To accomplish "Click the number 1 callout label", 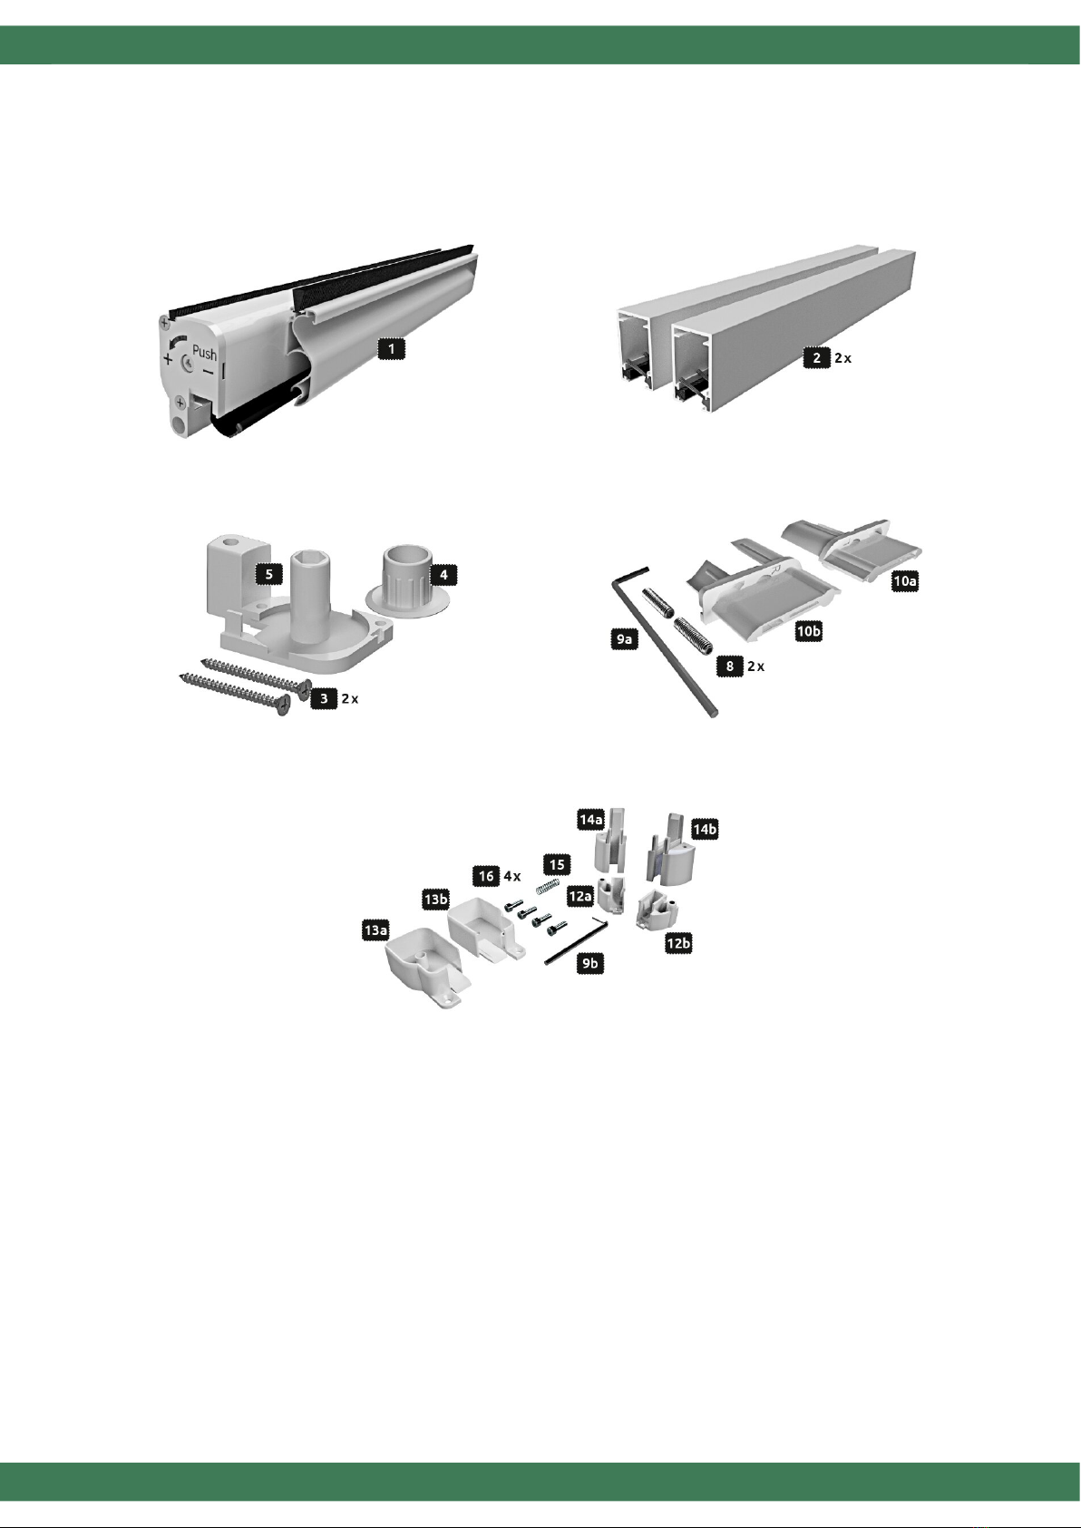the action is [x=391, y=348].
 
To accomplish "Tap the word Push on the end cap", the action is [x=205, y=353].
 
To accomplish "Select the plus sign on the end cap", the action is [x=168, y=359].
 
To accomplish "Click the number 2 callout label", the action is [x=816, y=357].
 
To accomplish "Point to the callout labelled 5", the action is [x=268, y=574].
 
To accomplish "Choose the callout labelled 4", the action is [x=443, y=574].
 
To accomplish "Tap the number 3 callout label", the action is [x=324, y=698].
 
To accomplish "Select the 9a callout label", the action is [x=624, y=639].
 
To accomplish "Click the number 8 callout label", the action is [x=730, y=666].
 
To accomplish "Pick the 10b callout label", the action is [x=808, y=632].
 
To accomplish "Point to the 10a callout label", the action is [x=904, y=581].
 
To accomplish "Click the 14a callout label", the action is [x=590, y=819].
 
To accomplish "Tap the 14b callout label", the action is [x=705, y=829].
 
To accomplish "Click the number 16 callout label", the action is [x=486, y=876].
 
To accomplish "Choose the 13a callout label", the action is [x=375, y=929].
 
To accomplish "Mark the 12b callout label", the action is [x=678, y=943].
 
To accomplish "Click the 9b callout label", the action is [x=590, y=963].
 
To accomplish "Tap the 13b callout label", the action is [x=436, y=899].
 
